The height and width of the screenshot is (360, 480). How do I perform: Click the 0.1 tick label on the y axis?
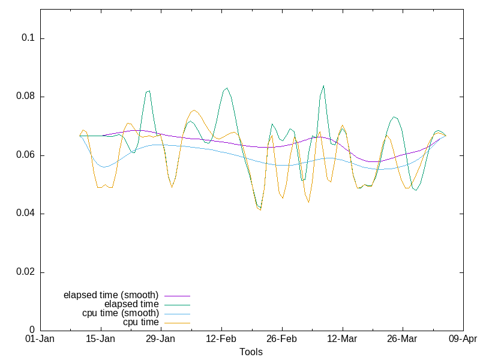click(x=29, y=38)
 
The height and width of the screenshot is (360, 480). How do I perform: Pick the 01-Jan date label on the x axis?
click(x=40, y=339)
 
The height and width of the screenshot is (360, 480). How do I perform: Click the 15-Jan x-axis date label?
click(x=101, y=339)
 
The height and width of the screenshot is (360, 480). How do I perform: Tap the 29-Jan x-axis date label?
click(x=161, y=339)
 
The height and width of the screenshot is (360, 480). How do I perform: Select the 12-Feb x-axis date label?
click(x=221, y=339)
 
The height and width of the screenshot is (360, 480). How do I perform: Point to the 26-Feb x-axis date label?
click(x=281, y=339)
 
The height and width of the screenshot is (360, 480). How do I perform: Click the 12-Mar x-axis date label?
click(x=342, y=339)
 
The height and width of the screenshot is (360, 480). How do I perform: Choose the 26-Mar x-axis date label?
click(x=402, y=339)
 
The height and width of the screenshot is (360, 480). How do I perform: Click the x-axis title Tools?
click(x=251, y=352)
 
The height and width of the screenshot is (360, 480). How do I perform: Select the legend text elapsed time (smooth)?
click(x=111, y=295)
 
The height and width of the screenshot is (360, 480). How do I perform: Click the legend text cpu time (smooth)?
click(x=121, y=313)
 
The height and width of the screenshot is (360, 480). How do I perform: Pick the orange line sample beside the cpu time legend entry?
click(x=176, y=323)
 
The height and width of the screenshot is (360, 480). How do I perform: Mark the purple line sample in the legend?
click(x=176, y=296)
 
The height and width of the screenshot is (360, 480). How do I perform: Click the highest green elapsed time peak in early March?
click(x=323, y=86)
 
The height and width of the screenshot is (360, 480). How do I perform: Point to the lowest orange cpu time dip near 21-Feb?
click(x=260, y=209)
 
